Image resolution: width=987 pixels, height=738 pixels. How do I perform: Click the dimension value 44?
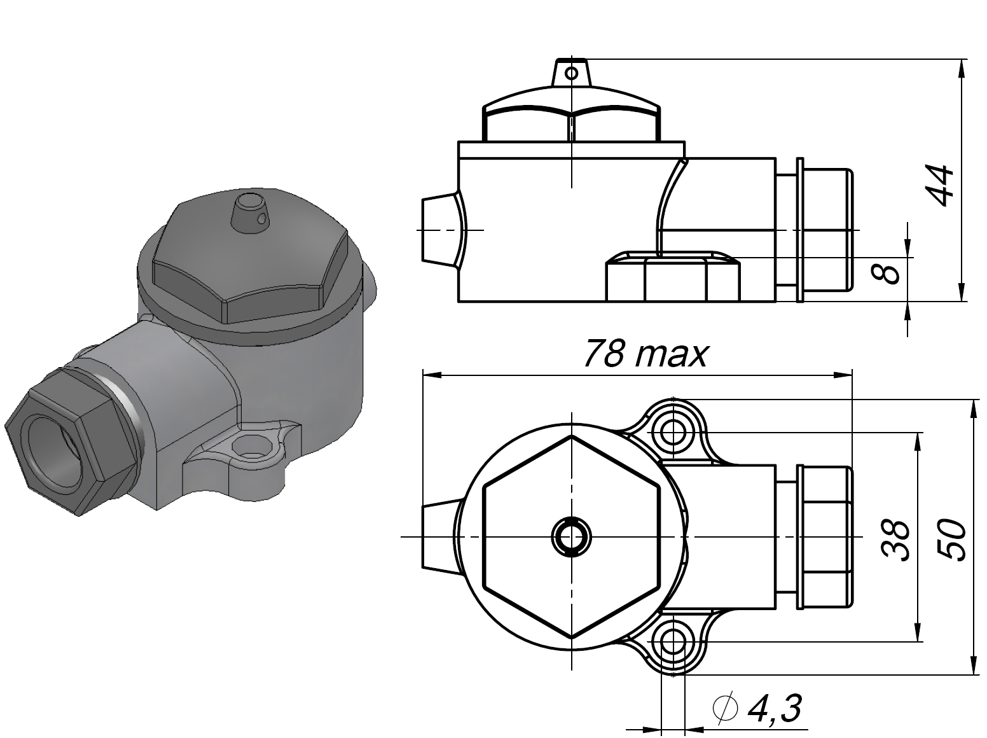(x=939, y=185)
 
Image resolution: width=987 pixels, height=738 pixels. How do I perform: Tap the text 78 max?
(x=645, y=354)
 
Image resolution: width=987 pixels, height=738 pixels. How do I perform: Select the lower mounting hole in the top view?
(x=672, y=643)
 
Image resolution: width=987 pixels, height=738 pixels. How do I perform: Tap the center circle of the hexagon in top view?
(x=571, y=536)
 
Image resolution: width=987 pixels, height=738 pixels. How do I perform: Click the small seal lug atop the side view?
(x=571, y=72)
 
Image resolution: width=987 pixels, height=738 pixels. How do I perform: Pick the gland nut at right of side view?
(x=825, y=230)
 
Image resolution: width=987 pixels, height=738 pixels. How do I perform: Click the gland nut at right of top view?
(x=825, y=537)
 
